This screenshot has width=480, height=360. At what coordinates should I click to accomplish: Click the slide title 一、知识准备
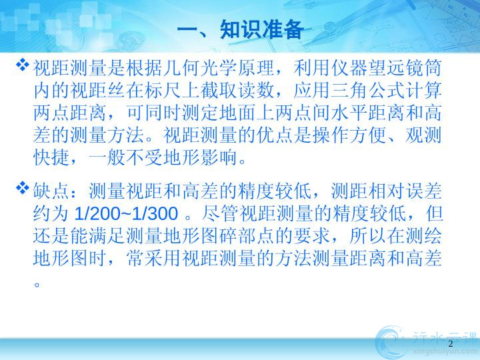pyautogui.click(x=240, y=30)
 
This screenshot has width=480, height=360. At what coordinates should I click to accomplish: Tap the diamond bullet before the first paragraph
pyautogui.click(x=23, y=65)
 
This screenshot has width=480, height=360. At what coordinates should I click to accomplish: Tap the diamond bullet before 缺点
pyautogui.click(x=23, y=187)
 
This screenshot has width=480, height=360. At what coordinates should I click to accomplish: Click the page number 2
pyautogui.click(x=450, y=344)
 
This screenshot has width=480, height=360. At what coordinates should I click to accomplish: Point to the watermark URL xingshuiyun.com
pyautogui.click(x=445, y=352)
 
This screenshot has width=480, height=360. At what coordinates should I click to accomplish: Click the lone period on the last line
pyautogui.click(x=37, y=285)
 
